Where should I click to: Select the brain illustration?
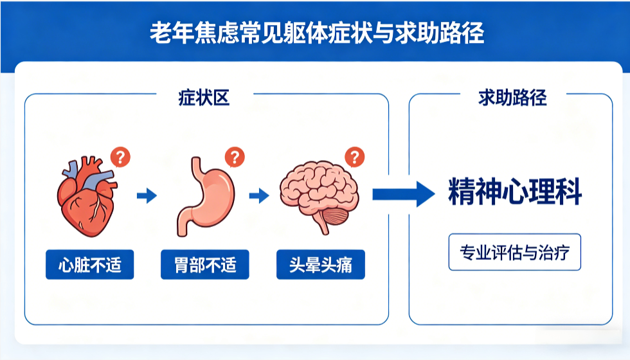pyautogui.click(x=318, y=193)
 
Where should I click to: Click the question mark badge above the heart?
pyautogui.click(x=121, y=156)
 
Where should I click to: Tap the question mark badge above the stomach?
pyautogui.click(x=235, y=156)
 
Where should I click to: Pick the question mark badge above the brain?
pyautogui.click(x=354, y=156)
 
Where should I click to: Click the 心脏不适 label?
pyautogui.click(x=89, y=264)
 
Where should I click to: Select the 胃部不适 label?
pyautogui.click(x=205, y=264)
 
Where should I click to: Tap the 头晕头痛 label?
pyautogui.click(x=321, y=264)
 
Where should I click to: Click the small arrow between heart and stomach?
pyautogui.click(x=147, y=195)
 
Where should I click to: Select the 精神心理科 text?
pyautogui.click(x=514, y=193)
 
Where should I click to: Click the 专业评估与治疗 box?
pyautogui.click(x=514, y=251)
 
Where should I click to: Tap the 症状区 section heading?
pyautogui.click(x=204, y=98)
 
